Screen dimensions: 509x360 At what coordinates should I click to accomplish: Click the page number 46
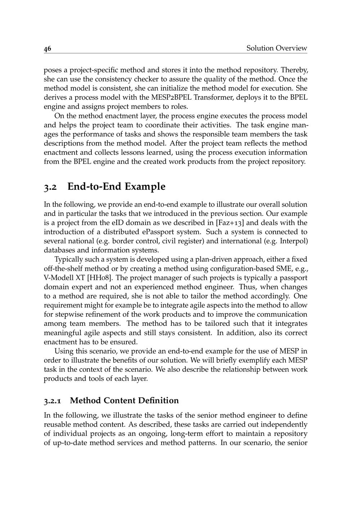click(48, 49)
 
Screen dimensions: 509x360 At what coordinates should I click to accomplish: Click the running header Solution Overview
click(276, 48)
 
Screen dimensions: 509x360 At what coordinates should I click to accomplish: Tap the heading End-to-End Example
click(116, 186)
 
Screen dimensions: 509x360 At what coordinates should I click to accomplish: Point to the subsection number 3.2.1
click(53, 401)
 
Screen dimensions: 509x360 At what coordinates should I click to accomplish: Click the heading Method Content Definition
click(124, 400)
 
